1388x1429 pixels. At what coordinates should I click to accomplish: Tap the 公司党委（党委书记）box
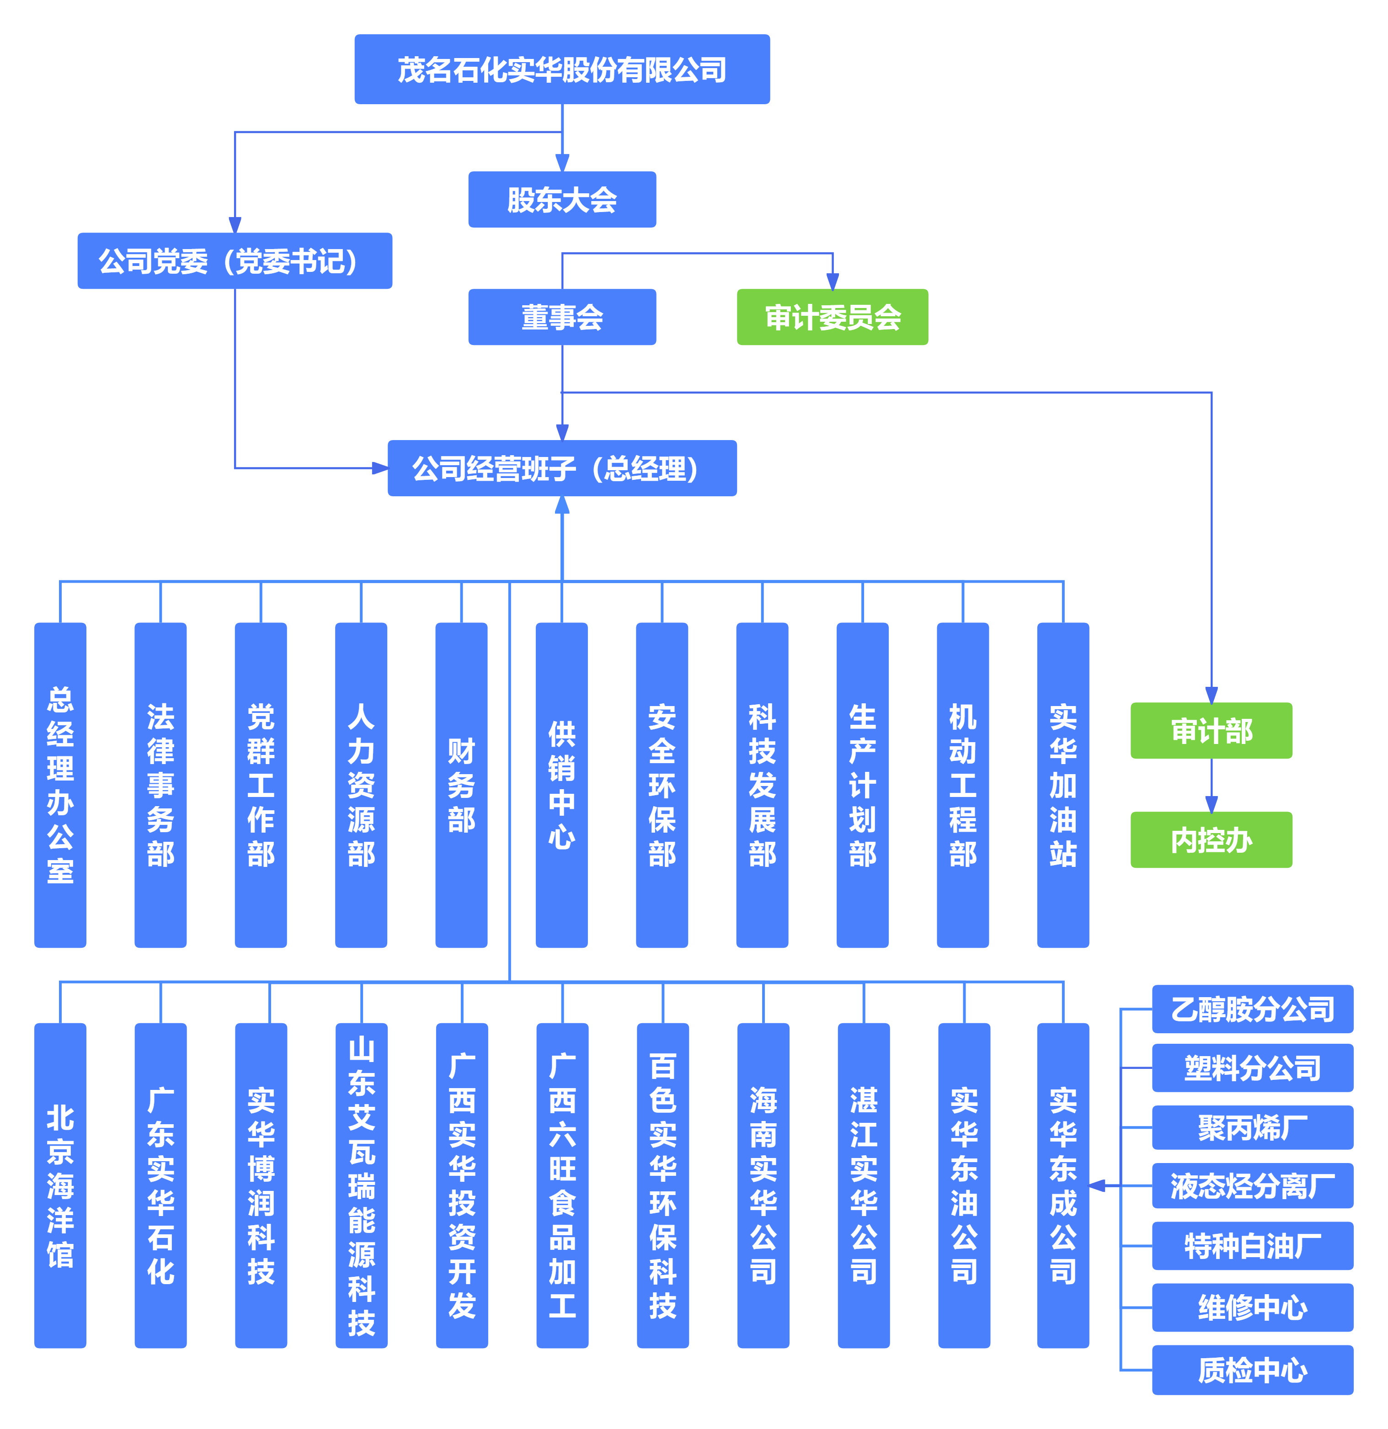tap(235, 261)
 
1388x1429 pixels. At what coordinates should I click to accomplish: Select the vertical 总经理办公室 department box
tap(60, 785)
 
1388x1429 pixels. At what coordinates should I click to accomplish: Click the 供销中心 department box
tap(561, 785)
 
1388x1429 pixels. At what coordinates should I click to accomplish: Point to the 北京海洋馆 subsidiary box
tap(60, 1185)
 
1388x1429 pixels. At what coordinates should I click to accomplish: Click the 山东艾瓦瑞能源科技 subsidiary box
tap(361, 1185)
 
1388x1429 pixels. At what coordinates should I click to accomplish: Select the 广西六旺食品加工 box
tap(562, 1185)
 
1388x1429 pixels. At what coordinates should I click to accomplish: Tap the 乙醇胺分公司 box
tap(1252, 1009)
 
